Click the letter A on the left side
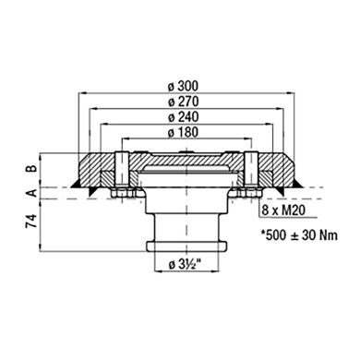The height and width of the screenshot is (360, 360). pos(30,192)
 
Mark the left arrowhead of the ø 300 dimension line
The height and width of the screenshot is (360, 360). pos(76,94)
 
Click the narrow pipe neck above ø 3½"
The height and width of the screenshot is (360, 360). pos(186,226)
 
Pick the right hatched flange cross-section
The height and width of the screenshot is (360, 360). pos(271,169)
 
